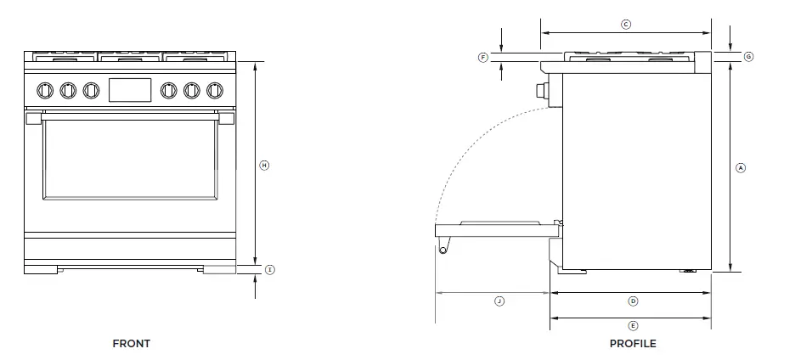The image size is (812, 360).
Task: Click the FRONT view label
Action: (131, 344)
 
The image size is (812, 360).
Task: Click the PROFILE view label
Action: (633, 344)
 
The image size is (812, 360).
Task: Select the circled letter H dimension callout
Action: (263, 165)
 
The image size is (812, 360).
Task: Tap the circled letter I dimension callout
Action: (269, 270)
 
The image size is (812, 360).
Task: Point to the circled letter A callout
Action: (741, 168)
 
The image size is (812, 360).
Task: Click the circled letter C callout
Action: (626, 25)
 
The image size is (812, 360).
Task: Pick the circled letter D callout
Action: (633, 301)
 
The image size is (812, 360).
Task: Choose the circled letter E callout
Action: (633, 325)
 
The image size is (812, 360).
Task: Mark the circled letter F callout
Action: (483, 57)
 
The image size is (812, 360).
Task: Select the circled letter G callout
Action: (748, 57)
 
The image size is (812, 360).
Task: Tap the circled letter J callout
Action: (499, 301)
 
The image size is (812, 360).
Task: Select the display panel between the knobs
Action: (130, 89)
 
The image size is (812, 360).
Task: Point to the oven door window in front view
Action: (129, 158)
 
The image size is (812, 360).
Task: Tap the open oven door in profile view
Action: (493, 228)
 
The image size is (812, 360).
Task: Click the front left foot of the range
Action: (41, 270)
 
